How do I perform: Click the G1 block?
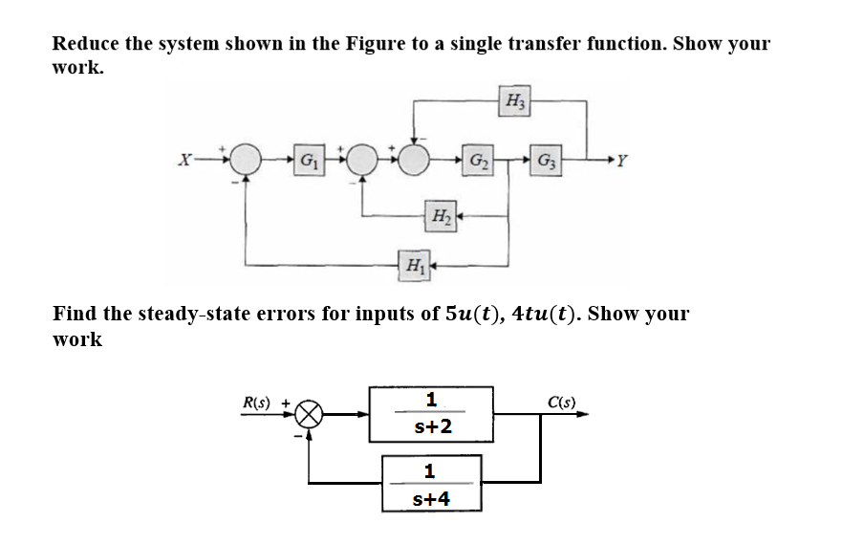(x=309, y=158)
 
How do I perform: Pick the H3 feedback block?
(x=516, y=99)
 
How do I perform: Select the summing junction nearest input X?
(x=247, y=159)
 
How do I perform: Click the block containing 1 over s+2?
(x=432, y=414)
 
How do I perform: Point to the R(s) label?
(x=257, y=403)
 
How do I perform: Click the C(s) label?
(x=561, y=403)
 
